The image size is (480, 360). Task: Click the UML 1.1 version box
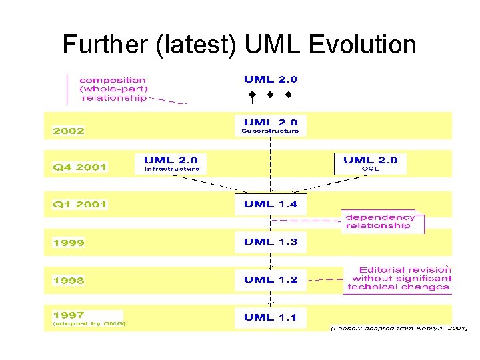[270, 318]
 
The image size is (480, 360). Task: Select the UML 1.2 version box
[270, 280]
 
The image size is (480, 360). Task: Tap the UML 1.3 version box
[270, 242]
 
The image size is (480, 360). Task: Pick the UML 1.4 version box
[270, 204]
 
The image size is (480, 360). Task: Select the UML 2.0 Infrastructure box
[171, 163]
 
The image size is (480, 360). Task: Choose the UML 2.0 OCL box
[370, 163]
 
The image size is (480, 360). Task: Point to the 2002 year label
[69, 131]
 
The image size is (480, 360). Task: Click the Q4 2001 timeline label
[80, 167]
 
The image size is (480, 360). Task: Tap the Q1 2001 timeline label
[80, 205]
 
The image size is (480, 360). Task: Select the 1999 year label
[69, 243]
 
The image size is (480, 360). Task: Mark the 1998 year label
[69, 281]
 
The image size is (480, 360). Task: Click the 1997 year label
[69, 315]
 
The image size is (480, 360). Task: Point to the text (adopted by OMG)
[89, 324]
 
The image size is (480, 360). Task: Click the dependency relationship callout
[380, 221]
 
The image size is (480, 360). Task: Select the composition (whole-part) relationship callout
[113, 89]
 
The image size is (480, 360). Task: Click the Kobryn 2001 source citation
[399, 329]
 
